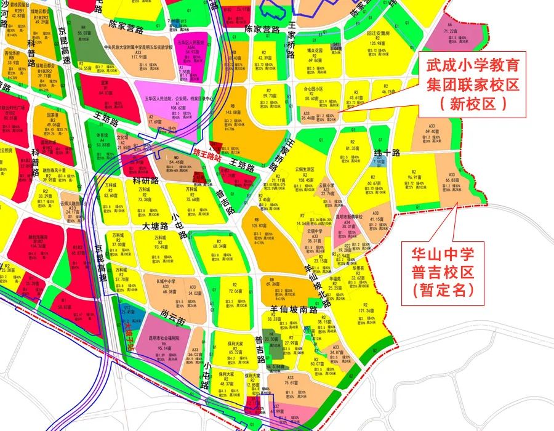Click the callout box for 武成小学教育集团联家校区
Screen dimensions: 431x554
[x=472, y=84]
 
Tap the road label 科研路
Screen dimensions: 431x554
[x=147, y=182]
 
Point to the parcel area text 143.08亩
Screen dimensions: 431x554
[x=233, y=113]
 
